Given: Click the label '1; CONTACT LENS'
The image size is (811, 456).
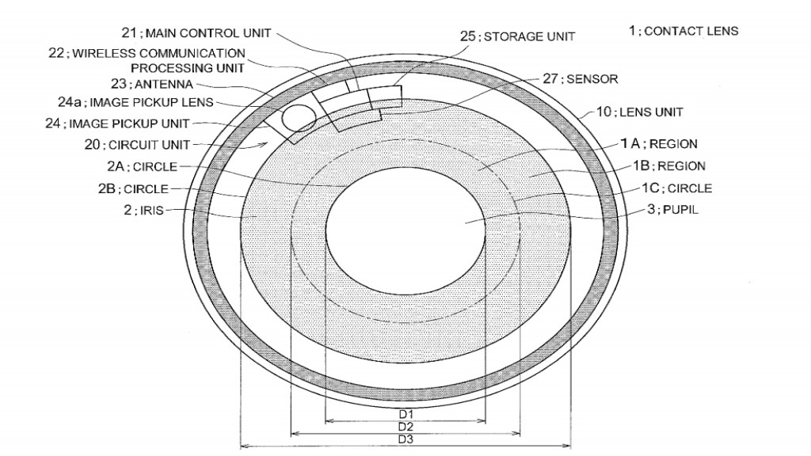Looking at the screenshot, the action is (x=683, y=31).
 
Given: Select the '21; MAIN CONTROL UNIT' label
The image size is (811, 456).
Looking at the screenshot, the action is (x=196, y=33).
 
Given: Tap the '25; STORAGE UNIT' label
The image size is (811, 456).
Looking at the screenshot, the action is (x=518, y=36).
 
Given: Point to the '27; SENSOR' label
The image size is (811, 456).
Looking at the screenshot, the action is (x=581, y=79).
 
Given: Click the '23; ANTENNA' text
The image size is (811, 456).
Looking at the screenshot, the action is (x=152, y=84).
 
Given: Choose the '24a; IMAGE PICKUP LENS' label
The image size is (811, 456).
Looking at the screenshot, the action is (x=135, y=102).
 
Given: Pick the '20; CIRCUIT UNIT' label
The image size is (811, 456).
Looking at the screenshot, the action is (x=137, y=145).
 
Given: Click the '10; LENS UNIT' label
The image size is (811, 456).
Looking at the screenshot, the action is (x=640, y=112).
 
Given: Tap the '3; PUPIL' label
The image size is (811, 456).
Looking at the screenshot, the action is (x=672, y=209).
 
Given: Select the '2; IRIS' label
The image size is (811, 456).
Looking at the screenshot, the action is (x=143, y=211).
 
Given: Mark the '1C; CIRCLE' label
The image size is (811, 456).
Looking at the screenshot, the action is (x=677, y=188).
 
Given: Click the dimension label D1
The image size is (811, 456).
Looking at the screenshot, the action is (x=405, y=415).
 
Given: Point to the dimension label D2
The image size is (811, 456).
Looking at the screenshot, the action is (x=405, y=427).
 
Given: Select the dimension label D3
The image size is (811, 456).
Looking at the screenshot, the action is (x=405, y=439).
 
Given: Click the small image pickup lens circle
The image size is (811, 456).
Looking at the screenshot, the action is (x=299, y=118).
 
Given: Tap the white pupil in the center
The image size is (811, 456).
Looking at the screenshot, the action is (x=405, y=231).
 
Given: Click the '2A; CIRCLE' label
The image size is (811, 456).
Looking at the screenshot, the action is (x=143, y=166).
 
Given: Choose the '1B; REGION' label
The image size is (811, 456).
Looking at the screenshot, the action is (x=669, y=166).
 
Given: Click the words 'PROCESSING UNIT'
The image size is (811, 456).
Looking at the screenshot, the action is (x=187, y=68).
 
